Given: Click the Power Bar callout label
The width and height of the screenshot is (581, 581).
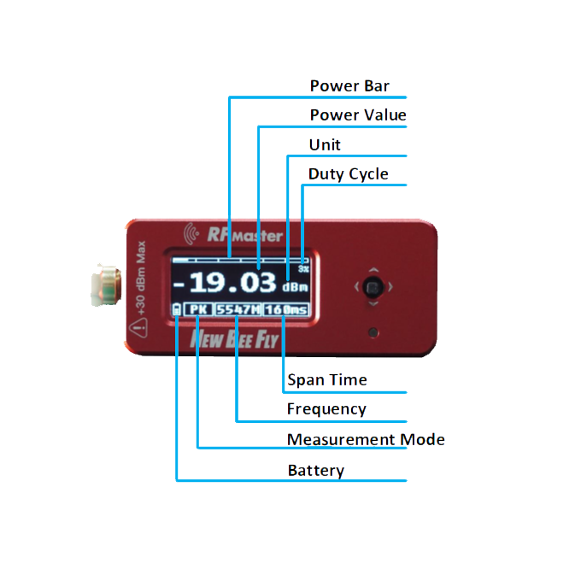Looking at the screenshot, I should [349, 86].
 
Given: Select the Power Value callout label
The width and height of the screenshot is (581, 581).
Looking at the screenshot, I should [358, 115].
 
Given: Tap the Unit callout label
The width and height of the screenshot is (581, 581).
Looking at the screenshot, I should [325, 145].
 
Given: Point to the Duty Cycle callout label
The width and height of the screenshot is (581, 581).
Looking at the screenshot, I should [349, 174].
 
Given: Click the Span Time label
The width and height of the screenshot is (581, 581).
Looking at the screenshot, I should [327, 380].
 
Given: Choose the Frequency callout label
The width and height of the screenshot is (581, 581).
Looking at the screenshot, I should [326, 409].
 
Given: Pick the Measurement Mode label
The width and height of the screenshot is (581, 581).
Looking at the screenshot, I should [366, 440].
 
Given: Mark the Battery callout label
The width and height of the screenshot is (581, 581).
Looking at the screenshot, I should [316, 471].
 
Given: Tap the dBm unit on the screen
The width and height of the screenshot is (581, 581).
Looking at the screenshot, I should [296, 287].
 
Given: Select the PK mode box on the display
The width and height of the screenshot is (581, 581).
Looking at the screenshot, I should [198, 309].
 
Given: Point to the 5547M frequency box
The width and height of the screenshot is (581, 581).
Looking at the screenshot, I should [237, 309].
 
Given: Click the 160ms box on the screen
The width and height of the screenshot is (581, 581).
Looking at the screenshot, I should [285, 309].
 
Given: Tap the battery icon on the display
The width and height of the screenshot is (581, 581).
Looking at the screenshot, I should [177, 310].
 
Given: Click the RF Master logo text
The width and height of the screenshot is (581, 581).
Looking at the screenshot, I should [234, 234].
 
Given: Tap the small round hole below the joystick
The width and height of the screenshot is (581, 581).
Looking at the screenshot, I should [373, 332].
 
